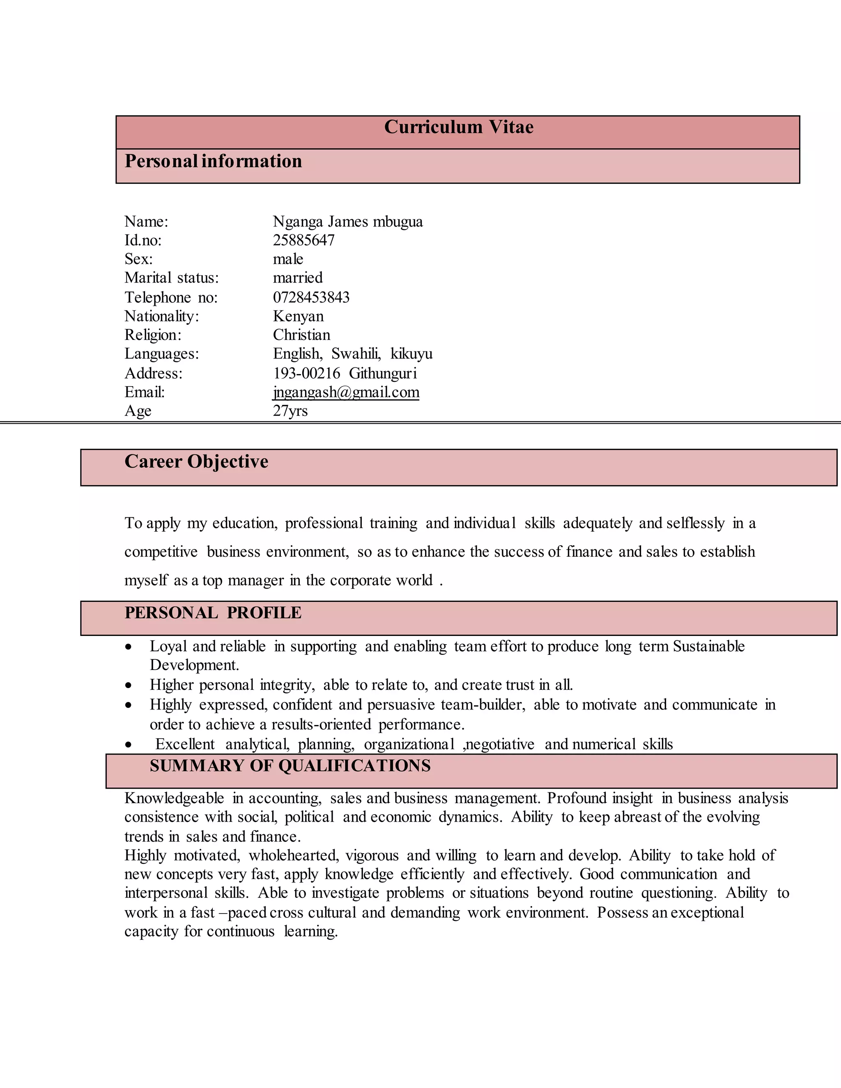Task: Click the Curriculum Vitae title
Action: click(458, 128)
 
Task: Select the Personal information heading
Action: click(213, 161)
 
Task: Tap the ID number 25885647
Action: click(303, 240)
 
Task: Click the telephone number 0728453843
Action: click(311, 297)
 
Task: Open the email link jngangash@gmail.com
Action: click(346, 393)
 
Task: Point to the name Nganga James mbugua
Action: click(347, 222)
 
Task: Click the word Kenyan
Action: click(298, 316)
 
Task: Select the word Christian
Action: click(301, 335)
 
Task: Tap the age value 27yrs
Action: click(290, 411)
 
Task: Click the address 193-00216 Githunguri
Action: click(344, 373)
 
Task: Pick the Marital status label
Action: click(171, 278)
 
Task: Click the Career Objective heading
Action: click(196, 462)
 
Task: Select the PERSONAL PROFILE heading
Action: click(213, 613)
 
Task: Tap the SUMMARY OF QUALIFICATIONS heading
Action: click(290, 766)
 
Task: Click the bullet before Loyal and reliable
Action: click(129, 647)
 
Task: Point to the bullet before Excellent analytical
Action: click(129, 745)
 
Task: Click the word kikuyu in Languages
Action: click(411, 353)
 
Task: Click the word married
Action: click(297, 278)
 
